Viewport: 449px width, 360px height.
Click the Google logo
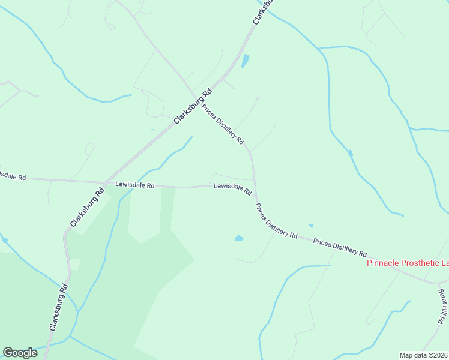[x=20, y=353]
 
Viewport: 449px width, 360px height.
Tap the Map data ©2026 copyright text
[x=424, y=355]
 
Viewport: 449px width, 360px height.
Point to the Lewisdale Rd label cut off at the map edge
[x=12, y=176]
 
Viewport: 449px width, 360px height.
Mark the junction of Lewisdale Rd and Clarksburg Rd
[x=103, y=182]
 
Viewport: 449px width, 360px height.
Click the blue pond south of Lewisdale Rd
[x=239, y=238]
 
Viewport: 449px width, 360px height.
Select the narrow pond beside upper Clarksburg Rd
[x=245, y=61]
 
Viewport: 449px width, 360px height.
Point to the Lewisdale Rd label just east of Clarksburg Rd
[x=135, y=185]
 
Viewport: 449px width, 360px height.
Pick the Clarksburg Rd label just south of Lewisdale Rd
[x=85, y=208]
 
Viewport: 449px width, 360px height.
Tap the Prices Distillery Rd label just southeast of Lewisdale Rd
[x=276, y=221]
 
